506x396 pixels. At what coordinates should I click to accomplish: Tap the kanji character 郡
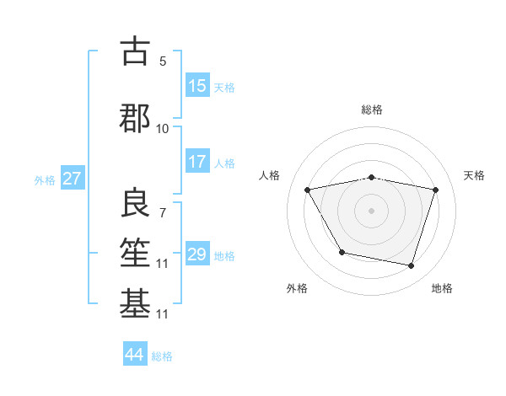click(x=135, y=117)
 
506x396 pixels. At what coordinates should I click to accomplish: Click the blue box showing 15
click(x=197, y=86)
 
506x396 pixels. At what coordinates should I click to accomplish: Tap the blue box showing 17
click(x=197, y=162)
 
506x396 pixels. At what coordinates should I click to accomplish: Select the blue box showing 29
click(x=197, y=254)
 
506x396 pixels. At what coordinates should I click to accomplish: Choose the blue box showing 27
click(x=72, y=179)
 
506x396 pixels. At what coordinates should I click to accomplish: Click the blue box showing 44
click(x=134, y=355)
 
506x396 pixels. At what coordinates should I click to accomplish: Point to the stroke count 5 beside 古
click(x=163, y=62)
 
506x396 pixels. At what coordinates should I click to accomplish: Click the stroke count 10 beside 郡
click(x=163, y=128)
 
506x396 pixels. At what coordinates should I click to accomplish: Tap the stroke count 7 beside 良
click(x=163, y=212)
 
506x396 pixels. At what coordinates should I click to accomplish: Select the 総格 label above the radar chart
click(x=372, y=110)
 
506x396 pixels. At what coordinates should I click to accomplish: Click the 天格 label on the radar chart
click(x=475, y=175)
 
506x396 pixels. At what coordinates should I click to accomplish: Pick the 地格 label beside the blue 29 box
click(x=224, y=255)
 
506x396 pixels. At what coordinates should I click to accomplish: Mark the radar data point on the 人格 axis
click(x=308, y=190)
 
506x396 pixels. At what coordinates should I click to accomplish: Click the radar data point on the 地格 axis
click(x=411, y=266)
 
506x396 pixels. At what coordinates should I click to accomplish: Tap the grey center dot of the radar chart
click(x=372, y=210)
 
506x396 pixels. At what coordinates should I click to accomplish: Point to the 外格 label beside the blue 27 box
click(x=45, y=179)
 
